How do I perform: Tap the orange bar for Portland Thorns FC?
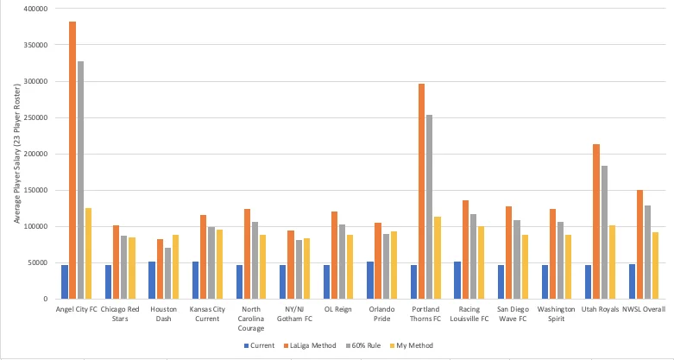421,191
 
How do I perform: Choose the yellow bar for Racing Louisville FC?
481,262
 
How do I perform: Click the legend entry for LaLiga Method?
300,345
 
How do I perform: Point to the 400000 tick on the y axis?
35,9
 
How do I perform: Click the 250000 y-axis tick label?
35,118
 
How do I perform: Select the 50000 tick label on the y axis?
38,263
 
